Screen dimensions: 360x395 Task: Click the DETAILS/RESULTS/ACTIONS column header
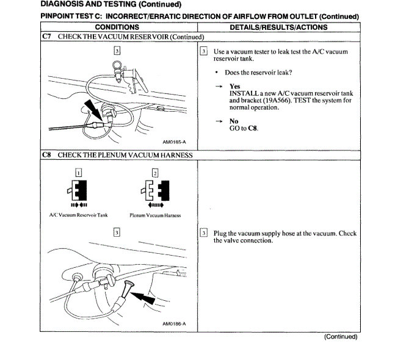point(278,27)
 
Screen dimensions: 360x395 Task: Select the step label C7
point(47,37)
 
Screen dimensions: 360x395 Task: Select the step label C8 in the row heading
point(47,155)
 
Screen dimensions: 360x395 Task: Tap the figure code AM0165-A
point(174,143)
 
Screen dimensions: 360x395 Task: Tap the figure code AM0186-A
point(175,324)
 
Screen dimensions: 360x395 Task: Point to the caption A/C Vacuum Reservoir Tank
point(78,215)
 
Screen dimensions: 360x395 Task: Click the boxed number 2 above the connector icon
point(155,173)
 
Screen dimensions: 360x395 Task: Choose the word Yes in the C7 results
point(234,87)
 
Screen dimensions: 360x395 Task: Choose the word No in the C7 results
point(234,121)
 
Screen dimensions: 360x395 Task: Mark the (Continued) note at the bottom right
point(340,337)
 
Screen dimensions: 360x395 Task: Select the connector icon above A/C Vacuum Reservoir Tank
point(78,193)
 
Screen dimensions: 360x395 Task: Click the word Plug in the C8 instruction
point(220,234)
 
